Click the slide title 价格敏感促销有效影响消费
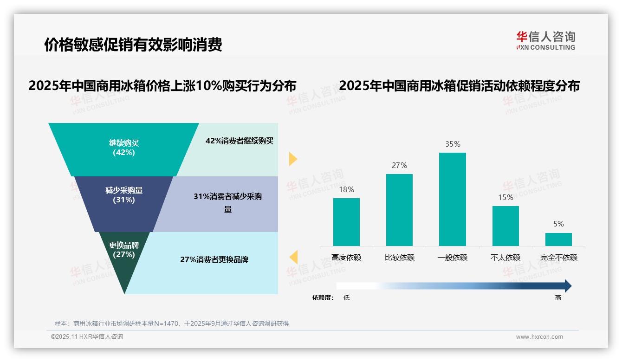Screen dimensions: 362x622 pos(133,45)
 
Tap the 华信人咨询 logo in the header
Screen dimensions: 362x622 pos(545,40)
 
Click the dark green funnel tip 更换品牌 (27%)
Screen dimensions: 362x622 pos(124,260)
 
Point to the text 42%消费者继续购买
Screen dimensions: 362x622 pos(240,141)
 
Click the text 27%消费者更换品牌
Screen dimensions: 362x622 pos(214,260)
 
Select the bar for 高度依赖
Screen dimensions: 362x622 pos(346,222)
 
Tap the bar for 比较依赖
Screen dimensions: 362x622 pos(399,210)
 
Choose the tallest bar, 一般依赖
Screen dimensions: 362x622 pos(453,199)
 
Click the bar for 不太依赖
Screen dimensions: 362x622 pos(505,226)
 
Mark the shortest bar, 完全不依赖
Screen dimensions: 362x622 pos(558,239)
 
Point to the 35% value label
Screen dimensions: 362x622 pos(453,144)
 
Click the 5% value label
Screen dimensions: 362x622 pos(558,224)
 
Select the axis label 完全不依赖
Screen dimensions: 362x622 pos(558,258)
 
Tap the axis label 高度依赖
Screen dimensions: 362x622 pos(346,258)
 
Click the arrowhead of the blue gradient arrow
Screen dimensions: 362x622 pos(567,286)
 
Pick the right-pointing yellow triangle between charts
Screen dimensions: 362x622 pos(293,159)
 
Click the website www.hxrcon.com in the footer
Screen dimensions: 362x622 pos(539,337)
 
